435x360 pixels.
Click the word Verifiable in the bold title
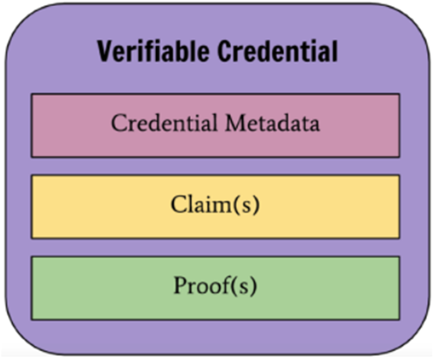[153, 51]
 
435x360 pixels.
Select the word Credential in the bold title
[278, 51]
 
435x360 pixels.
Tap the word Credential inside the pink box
[164, 123]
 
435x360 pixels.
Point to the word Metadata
[273, 123]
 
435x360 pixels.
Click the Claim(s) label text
[215, 205]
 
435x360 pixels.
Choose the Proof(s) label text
[215, 285]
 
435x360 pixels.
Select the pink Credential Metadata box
[215, 126]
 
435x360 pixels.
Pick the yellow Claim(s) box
[215, 207]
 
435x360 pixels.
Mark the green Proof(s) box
[215, 288]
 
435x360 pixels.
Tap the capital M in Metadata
[236, 123]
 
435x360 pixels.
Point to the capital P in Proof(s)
[180, 285]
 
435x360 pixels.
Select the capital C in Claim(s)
[178, 205]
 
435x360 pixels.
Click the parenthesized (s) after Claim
[247, 205]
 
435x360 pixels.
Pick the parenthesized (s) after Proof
[244, 286]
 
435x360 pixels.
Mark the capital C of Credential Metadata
[119, 123]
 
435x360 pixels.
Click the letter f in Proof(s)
[227, 284]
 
